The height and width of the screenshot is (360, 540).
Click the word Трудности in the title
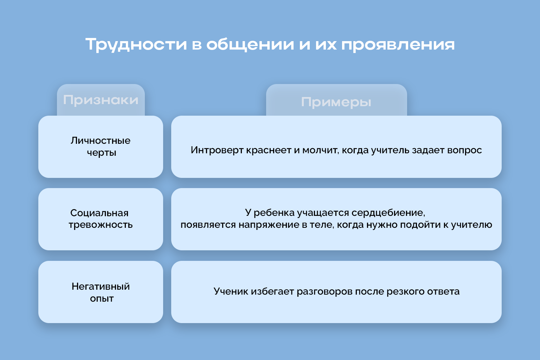(x=136, y=45)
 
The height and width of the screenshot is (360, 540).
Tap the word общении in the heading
(x=250, y=45)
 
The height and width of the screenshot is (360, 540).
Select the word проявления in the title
(x=398, y=45)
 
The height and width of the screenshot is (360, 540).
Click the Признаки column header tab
(x=101, y=100)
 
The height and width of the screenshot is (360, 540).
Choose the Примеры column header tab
(x=336, y=100)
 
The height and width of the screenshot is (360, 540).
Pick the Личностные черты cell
(x=101, y=147)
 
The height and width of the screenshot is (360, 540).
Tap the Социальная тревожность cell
(x=101, y=219)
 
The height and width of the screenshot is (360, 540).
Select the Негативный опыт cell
(x=101, y=292)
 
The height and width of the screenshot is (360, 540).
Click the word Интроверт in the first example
(x=217, y=150)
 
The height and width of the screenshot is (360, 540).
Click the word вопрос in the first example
(x=464, y=150)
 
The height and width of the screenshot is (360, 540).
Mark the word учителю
(x=471, y=225)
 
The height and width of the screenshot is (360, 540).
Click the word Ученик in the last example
(x=231, y=291)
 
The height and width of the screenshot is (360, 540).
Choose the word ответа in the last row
(x=443, y=291)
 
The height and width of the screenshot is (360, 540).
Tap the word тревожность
(x=101, y=225)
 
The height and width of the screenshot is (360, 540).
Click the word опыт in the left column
(x=102, y=298)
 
